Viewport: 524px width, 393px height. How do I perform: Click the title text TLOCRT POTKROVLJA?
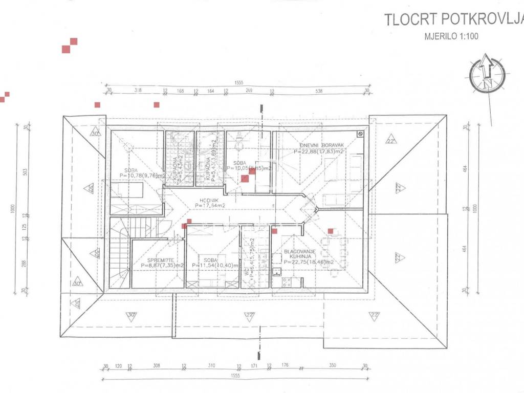[454, 20]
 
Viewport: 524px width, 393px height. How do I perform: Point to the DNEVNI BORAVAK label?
[321, 145]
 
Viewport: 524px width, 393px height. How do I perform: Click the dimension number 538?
[319, 91]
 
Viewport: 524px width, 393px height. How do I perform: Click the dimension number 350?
[333, 366]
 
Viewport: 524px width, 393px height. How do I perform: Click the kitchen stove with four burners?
[284, 281]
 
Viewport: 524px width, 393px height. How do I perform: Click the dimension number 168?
[180, 91]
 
